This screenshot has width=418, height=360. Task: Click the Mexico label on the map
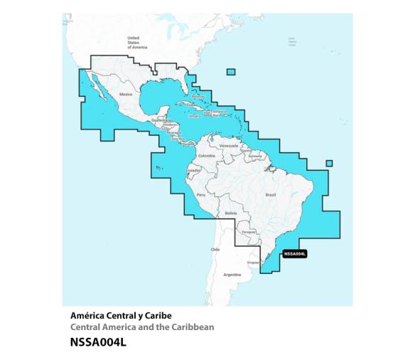[x=126, y=94]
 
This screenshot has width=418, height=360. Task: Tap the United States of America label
[x=133, y=42]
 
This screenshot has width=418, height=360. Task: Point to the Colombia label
[x=206, y=155]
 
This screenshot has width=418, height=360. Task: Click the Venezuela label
[x=227, y=145]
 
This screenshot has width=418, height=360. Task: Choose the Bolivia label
[x=230, y=213]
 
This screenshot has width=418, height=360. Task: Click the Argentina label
[x=232, y=274]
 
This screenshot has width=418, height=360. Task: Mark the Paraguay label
[x=248, y=231]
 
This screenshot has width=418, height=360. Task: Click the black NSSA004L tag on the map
[x=294, y=253]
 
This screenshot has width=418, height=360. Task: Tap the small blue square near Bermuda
[x=231, y=71]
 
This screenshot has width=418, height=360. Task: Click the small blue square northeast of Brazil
[x=329, y=164]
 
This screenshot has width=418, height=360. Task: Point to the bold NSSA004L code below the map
[x=98, y=342]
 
